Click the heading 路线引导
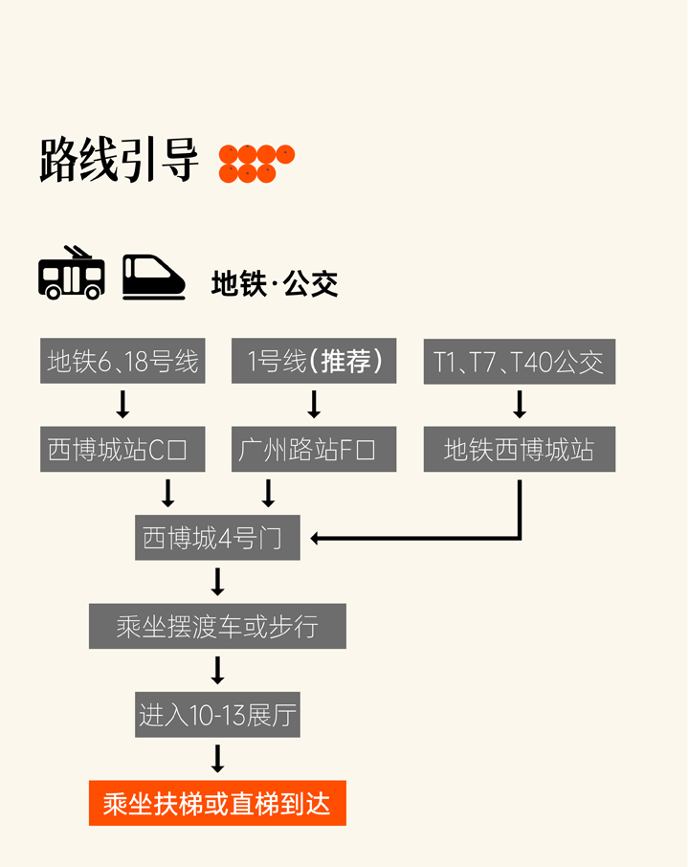click(x=119, y=159)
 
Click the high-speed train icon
click(x=154, y=277)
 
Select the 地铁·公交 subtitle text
click(x=275, y=284)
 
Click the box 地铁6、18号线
click(x=122, y=362)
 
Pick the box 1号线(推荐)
click(x=314, y=362)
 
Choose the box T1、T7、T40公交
click(x=519, y=362)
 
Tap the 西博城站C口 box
click(x=122, y=450)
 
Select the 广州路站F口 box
click(x=314, y=450)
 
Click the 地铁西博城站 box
click(x=519, y=450)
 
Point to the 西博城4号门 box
click(x=217, y=538)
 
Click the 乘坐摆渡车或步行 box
click(x=217, y=627)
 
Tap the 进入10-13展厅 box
click(x=217, y=715)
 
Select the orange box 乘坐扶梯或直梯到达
click(x=217, y=804)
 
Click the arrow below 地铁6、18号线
click(x=122, y=405)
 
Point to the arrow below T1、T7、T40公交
click(x=520, y=405)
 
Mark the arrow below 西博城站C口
click(x=168, y=493)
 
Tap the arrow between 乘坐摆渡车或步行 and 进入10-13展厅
click(x=217, y=670)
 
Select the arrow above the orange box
click(x=217, y=758)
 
